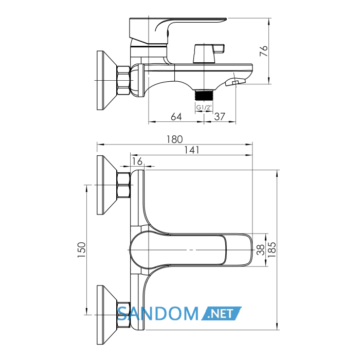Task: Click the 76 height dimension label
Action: coord(263,51)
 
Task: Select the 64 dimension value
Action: coord(176,117)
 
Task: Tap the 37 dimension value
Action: coord(220,117)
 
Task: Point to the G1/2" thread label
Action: coord(204,107)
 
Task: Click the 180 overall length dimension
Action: coord(174,139)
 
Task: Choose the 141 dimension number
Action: coord(192,150)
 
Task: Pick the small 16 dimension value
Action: coord(137,161)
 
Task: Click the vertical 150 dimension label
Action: coord(81,250)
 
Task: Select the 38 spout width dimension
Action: coord(261,250)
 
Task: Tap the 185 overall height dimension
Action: coord(272,250)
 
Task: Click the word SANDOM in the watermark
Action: coord(158,313)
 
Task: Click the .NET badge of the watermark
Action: coord(221,313)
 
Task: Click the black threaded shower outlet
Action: coord(204,95)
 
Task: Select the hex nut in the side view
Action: coord(124,80)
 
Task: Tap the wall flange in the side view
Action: coord(107,80)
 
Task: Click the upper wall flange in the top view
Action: coord(107,185)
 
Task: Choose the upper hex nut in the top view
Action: coord(124,185)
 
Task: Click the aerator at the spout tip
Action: coord(236,82)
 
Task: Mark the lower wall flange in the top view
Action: coord(107,315)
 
